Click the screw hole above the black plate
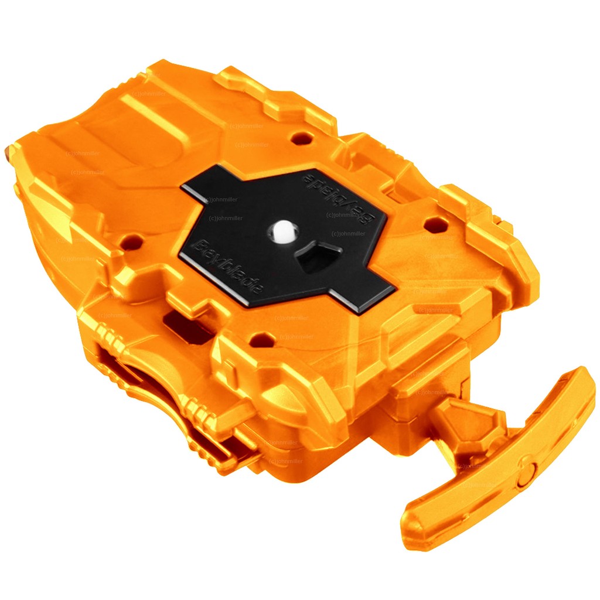click(x=302, y=138)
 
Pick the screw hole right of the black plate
click(x=434, y=223)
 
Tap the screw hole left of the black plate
click(x=133, y=240)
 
